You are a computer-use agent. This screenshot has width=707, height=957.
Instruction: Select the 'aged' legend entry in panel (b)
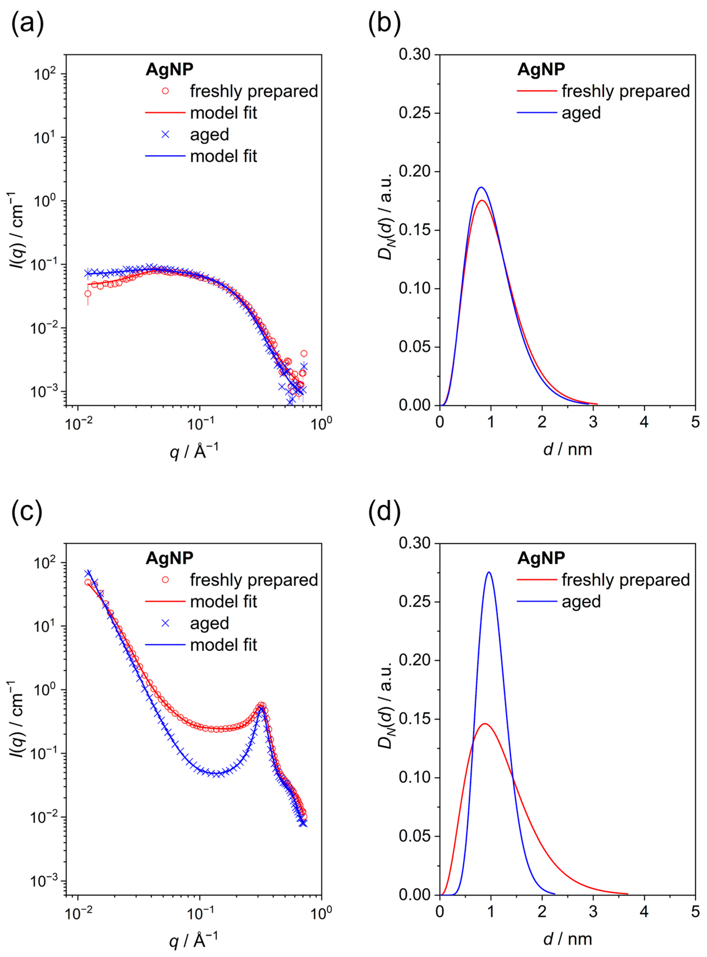(x=581, y=113)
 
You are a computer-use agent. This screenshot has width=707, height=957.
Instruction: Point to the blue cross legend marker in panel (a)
(x=165, y=134)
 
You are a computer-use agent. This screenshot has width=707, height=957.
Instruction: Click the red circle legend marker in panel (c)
(x=165, y=580)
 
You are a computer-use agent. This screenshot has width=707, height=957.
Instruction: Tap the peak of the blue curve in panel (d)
(x=489, y=572)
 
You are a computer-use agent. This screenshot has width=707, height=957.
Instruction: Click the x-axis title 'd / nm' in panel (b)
(x=567, y=450)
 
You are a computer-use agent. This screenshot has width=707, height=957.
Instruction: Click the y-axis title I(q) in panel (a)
(x=16, y=231)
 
